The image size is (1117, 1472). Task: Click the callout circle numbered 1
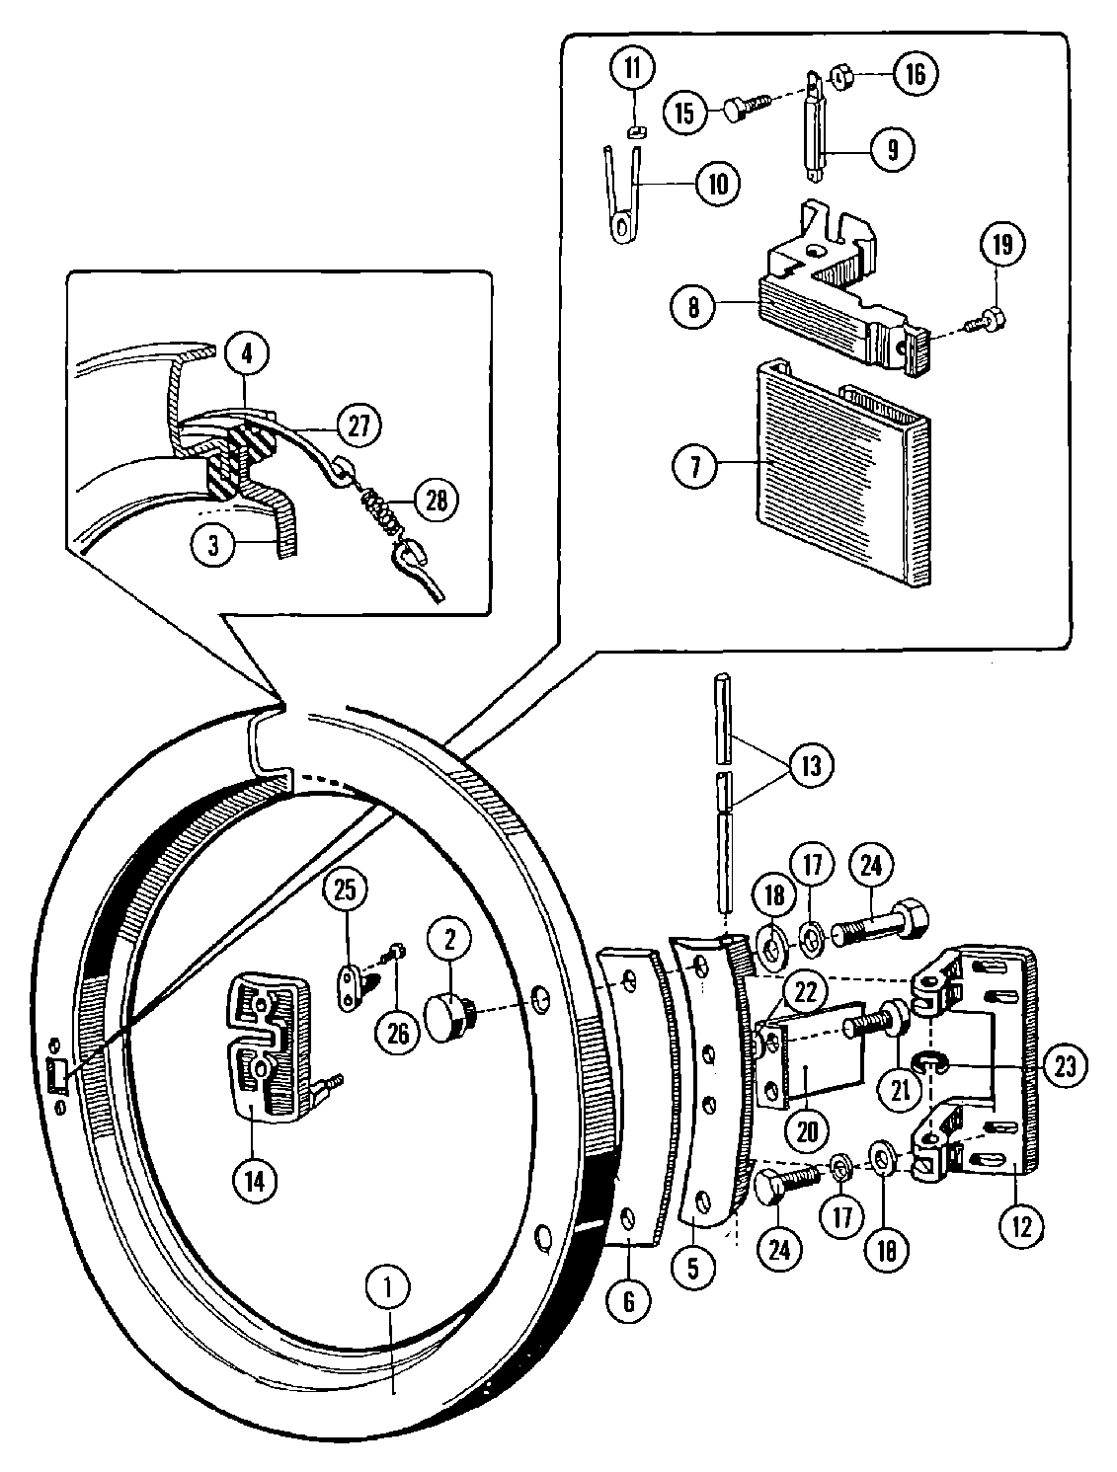coord(389,1287)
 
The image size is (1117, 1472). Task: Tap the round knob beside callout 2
coord(446,1015)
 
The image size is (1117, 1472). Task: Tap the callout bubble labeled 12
coord(1020,1226)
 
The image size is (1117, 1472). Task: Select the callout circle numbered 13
coord(809,766)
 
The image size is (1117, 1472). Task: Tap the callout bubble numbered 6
coord(629,1301)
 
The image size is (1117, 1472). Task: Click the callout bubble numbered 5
coord(691,1268)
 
